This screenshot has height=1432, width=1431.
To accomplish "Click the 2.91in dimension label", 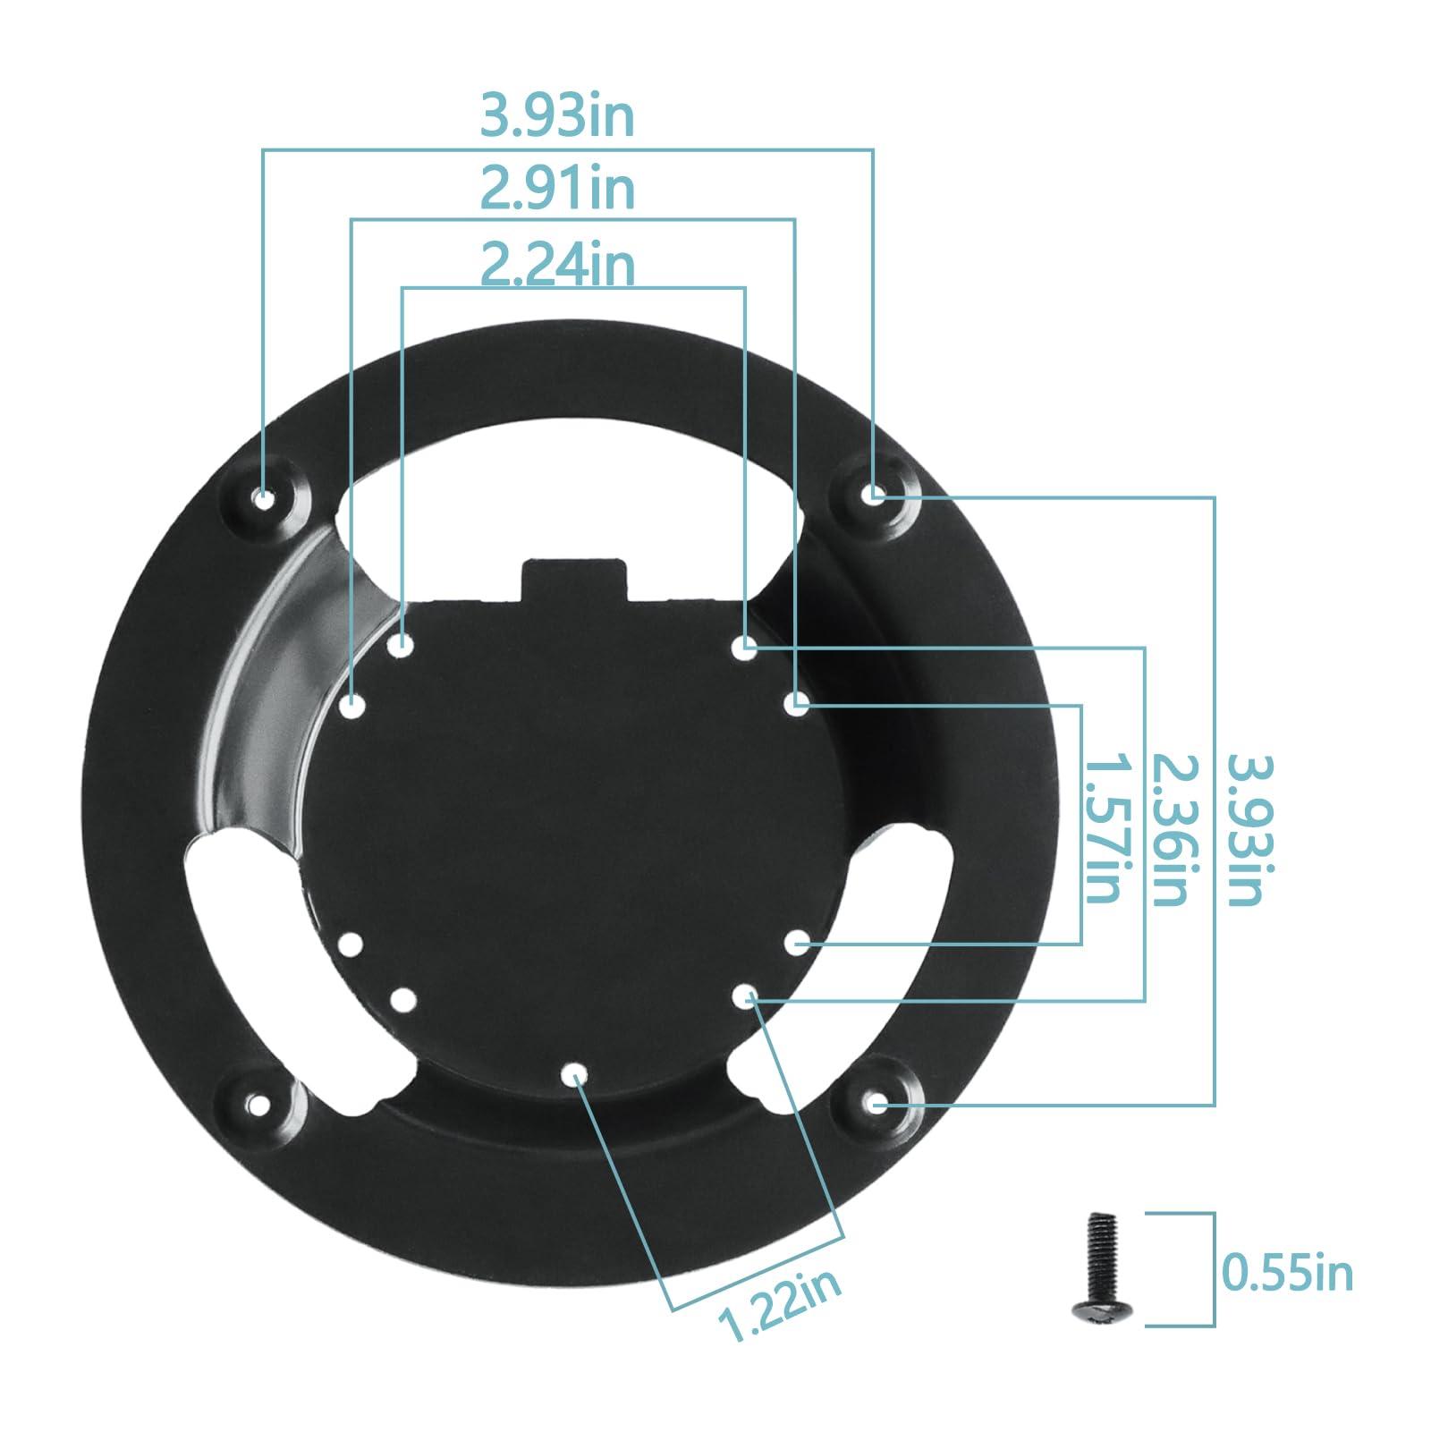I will [557, 190].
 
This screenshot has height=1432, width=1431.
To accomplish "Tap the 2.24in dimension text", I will [557, 265].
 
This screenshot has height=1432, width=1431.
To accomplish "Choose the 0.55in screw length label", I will [1287, 1271].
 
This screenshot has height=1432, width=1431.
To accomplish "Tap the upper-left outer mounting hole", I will [264, 498].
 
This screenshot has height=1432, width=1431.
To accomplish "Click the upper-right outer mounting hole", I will [876, 493].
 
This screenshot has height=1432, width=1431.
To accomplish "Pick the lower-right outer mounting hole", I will [879, 1106].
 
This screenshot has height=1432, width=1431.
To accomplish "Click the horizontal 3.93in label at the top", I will [557, 116].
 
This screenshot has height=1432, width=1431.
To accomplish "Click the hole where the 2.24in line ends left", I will [402, 643].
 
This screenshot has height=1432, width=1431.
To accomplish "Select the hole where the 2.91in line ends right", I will [796, 704].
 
